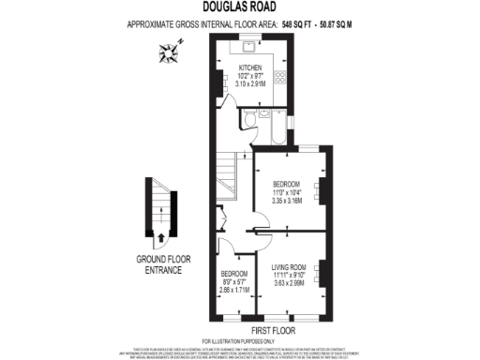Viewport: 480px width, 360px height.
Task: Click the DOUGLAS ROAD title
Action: pyautogui.click(x=239, y=7)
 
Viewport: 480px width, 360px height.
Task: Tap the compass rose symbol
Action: pyautogui.click(x=170, y=54)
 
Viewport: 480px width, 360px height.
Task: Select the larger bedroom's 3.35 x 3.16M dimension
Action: pyautogui.click(x=286, y=200)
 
